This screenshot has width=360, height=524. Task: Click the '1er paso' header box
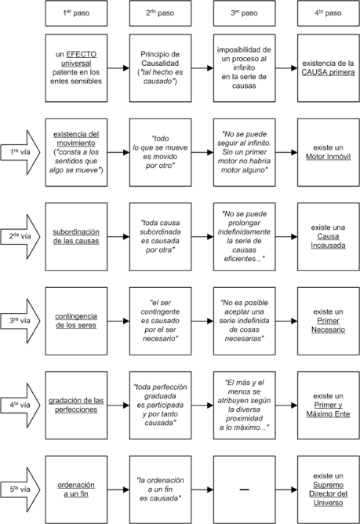[x=76, y=13]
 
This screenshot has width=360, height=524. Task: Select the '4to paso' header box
[x=329, y=13]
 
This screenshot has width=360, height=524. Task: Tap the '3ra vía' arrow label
[x=20, y=321]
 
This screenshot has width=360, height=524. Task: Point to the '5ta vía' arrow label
[x=20, y=489]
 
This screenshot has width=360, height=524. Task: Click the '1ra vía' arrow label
[x=20, y=152]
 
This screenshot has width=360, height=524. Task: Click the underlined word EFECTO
[x=82, y=54]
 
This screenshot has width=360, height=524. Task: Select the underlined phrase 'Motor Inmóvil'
[x=329, y=157]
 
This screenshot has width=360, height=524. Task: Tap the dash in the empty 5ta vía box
[x=245, y=490]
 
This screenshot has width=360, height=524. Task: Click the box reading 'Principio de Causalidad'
[x=161, y=68]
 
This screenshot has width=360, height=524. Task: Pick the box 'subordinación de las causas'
[x=76, y=237]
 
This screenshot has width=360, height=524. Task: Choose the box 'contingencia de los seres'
[x=76, y=321]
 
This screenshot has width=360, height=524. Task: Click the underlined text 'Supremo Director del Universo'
[x=329, y=494]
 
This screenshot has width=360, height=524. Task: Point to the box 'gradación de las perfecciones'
[x=76, y=406]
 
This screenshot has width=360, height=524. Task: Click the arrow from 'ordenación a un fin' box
[x=118, y=490]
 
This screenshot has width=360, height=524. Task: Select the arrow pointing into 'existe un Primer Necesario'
[x=286, y=321]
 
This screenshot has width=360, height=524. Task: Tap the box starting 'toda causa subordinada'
[x=161, y=237]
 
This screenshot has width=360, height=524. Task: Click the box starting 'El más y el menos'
[x=245, y=406]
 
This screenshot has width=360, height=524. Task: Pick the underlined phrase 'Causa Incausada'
[x=329, y=241]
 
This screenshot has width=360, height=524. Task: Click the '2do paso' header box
[x=161, y=13]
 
